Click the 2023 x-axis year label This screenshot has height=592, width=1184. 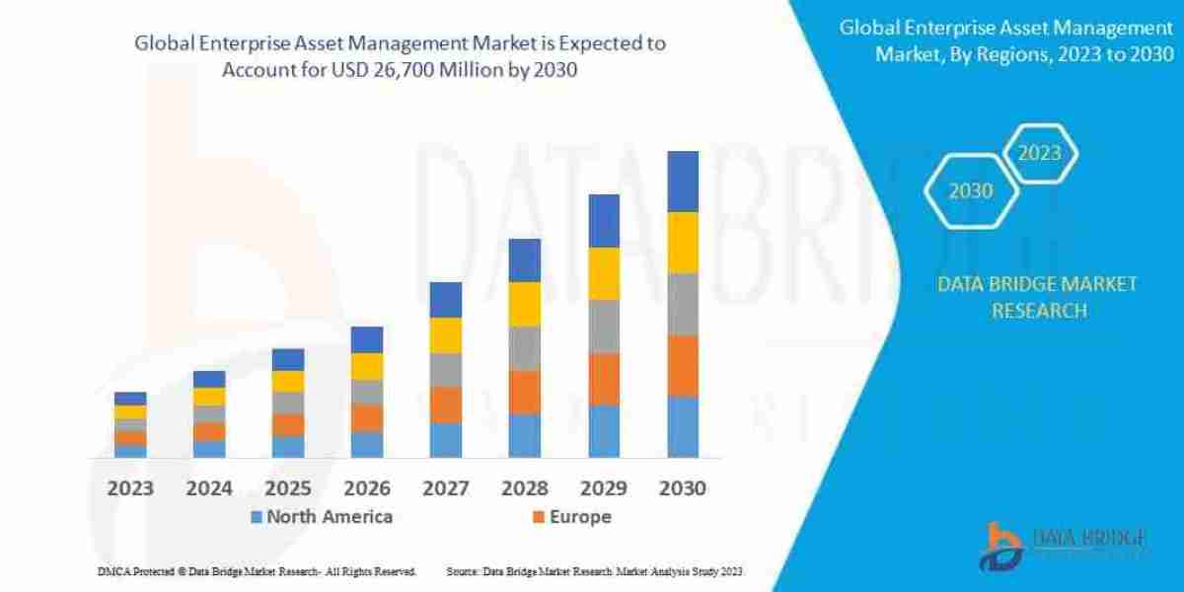point(130,487)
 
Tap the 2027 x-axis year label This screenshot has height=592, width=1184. point(445,487)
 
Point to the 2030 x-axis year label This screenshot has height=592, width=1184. point(682,487)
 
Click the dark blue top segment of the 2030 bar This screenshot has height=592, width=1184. point(683,181)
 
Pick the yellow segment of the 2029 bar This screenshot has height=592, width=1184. point(604,273)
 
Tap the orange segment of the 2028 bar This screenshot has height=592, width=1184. point(525,392)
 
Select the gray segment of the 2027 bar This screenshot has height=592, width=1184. point(446,369)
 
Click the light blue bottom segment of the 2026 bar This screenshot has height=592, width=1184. point(367,444)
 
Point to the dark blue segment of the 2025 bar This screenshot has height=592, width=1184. point(288,359)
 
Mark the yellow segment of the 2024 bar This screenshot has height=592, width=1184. point(209,397)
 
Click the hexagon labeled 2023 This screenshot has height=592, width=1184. point(1039,153)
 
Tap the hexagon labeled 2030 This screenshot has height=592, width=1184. point(971,191)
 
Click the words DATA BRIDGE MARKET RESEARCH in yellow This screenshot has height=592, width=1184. point(1036,297)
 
